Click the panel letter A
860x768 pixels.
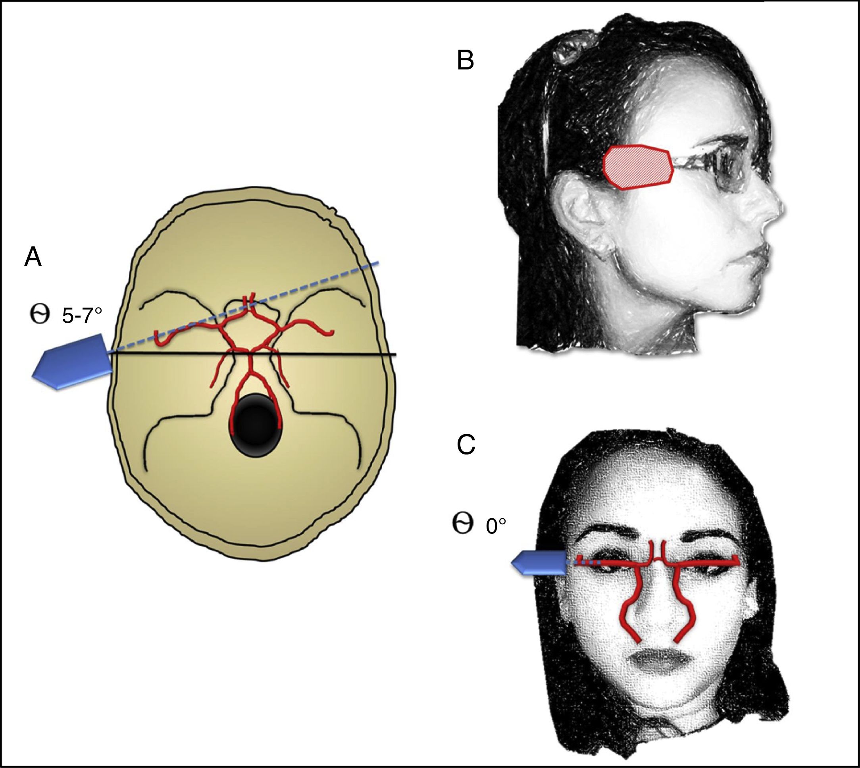tap(33, 257)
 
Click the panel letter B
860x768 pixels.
tap(466, 60)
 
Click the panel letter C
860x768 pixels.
tap(466, 445)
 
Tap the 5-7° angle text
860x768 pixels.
tap(82, 315)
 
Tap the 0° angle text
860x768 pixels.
tap(495, 527)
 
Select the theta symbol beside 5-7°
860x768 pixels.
tap(40, 315)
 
